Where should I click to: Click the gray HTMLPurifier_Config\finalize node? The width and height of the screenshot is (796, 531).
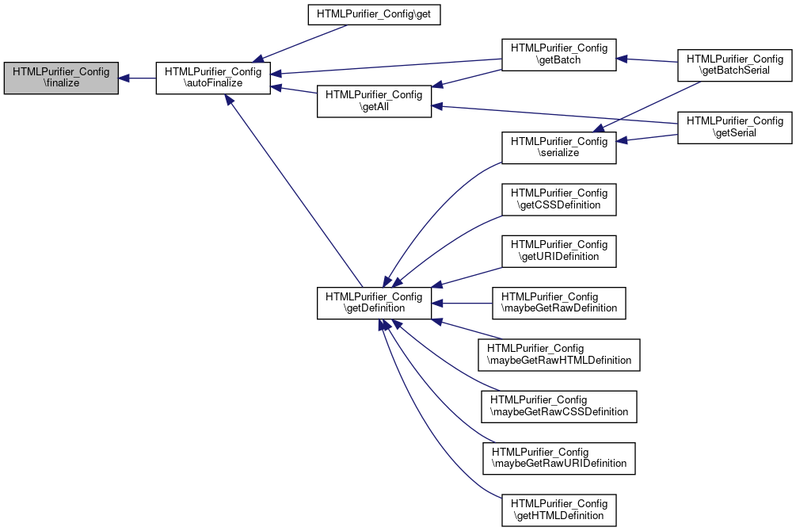tap(61, 78)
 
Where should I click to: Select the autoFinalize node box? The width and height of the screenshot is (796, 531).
tap(213, 78)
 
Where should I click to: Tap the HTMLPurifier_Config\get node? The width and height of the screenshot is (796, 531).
tap(374, 14)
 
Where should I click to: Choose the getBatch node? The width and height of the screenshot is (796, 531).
tap(559, 55)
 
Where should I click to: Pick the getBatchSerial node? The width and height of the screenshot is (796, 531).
tap(734, 65)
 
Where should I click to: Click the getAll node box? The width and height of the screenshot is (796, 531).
tap(374, 101)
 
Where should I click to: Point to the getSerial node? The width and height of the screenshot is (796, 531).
tap(734, 128)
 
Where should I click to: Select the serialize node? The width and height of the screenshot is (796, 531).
tap(559, 148)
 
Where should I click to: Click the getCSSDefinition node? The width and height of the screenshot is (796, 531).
tap(559, 200)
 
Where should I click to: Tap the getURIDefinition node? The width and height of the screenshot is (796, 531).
tap(559, 251)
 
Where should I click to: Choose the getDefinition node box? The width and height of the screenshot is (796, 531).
tap(374, 304)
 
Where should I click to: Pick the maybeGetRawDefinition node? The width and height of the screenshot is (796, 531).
tap(559, 304)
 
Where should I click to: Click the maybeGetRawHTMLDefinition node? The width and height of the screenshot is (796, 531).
tap(559, 355)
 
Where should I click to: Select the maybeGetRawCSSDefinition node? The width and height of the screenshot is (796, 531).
tap(559, 407)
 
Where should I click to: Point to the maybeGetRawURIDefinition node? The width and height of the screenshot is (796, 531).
tap(559, 458)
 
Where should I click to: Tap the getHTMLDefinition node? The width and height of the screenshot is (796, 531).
tap(559, 510)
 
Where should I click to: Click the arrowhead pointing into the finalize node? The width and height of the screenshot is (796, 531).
tap(124, 78)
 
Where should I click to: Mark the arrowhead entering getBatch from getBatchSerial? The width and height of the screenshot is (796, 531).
tap(622, 59)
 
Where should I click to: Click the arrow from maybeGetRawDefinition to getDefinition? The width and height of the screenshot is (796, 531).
tap(462, 304)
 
